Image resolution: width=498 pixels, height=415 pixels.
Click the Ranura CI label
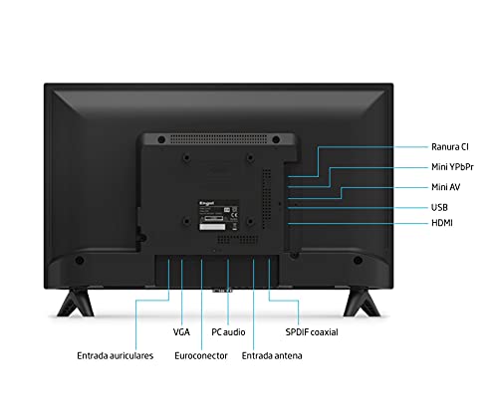[450, 147]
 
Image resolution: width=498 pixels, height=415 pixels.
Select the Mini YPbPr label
[452, 167]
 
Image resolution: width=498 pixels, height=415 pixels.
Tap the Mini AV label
[445, 187]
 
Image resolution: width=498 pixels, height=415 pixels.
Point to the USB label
[439, 207]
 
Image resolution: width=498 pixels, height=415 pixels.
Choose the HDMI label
[442, 223]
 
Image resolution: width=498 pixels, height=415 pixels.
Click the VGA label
[181, 332]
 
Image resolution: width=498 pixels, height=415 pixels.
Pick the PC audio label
[228, 332]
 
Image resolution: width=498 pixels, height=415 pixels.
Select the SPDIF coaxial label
[312, 332]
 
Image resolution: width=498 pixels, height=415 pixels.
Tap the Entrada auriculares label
[116, 355]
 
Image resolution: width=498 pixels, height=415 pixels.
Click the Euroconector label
[201, 355]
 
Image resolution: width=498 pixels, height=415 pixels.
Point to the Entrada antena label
[272, 355]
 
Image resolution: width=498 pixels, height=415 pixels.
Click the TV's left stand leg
[75, 303]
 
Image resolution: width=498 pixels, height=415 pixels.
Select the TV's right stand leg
[362, 303]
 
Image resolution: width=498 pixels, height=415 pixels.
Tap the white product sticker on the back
[212, 227]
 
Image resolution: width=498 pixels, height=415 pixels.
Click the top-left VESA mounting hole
[187, 157]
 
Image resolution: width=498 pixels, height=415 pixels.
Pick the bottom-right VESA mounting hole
[250, 221]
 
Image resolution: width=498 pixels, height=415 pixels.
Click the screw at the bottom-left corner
[80, 261]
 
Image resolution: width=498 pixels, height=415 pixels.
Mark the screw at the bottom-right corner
[358, 261]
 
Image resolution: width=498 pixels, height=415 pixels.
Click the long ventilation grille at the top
[218, 139]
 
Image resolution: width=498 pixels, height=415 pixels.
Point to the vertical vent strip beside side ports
[267, 199]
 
